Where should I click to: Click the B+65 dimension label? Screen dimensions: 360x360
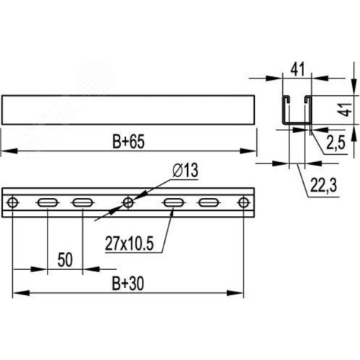(128, 142)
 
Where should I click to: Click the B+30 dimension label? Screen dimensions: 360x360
(128, 284)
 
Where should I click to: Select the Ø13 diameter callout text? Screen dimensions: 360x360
(185, 170)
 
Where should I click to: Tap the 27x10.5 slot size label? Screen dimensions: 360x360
(129, 243)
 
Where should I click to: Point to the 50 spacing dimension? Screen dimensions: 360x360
(65, 260)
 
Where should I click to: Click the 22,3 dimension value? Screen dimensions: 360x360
(324, 186)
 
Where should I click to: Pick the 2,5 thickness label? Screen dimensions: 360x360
(336, 143)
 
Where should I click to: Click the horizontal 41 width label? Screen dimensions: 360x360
(297, 69)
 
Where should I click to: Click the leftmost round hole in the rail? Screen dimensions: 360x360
(12, 203)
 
